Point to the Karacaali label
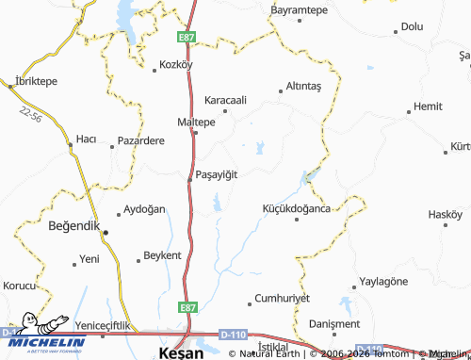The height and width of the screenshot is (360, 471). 226,99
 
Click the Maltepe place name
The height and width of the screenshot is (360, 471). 197,122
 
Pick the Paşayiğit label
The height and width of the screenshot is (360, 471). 216,174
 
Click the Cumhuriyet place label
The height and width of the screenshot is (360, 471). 283,297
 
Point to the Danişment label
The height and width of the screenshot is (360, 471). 335,322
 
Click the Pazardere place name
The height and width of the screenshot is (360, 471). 141,140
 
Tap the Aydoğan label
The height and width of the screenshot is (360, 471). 145,208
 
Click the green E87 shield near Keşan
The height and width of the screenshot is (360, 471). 188,307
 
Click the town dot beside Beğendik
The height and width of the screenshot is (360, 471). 106,231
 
